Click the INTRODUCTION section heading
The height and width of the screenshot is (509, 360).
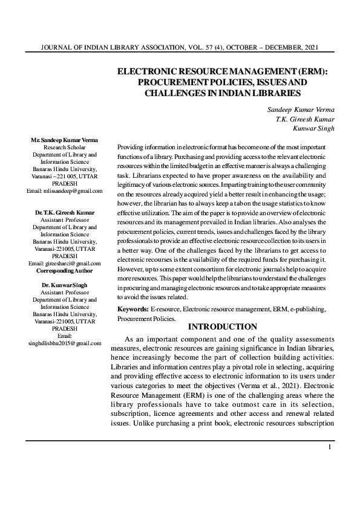coord(223,327)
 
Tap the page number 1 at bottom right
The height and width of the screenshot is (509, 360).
coord(329,447)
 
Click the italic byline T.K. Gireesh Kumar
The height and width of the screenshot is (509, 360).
coord(301,118)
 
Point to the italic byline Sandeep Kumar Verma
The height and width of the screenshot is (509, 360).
coord(296,109)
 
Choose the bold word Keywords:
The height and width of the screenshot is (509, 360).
coord(133,310)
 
